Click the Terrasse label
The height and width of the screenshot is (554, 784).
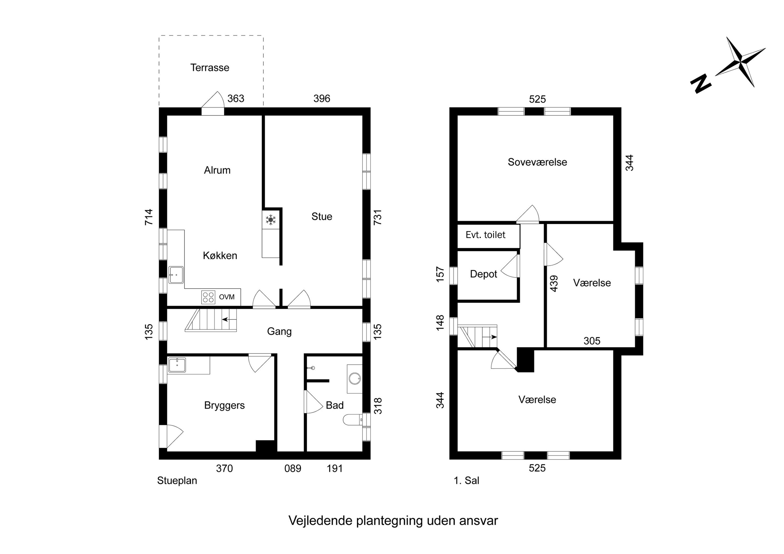click(x=209, y=68)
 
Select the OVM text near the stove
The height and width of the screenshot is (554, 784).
click(x=227, y=297)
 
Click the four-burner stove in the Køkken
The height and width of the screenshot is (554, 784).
click(x=208, y=297)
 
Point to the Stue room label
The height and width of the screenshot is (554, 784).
click(x=322, y=217)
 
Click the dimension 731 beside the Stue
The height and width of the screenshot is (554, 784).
click(x=377, y=217)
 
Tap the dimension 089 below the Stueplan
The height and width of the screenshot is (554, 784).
click(x=293, y=468)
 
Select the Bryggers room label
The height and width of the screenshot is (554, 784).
click(x=224, y=405)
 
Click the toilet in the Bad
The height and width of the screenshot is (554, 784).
click(x=352, y=419)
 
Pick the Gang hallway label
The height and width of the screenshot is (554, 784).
click(x=279, y=331)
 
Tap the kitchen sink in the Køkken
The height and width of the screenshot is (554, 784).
click(x=176, y=275)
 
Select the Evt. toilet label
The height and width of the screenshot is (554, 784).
click(x=485, y=235)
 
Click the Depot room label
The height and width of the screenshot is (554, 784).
click(x=483, y=274)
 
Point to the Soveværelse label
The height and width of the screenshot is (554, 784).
click(x=537, y=162)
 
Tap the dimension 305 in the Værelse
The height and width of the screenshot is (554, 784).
click(x=592, y=341)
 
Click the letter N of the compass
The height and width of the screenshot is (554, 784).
click(x=701, y=83)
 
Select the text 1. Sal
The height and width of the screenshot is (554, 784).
click(x=466, y=481)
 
